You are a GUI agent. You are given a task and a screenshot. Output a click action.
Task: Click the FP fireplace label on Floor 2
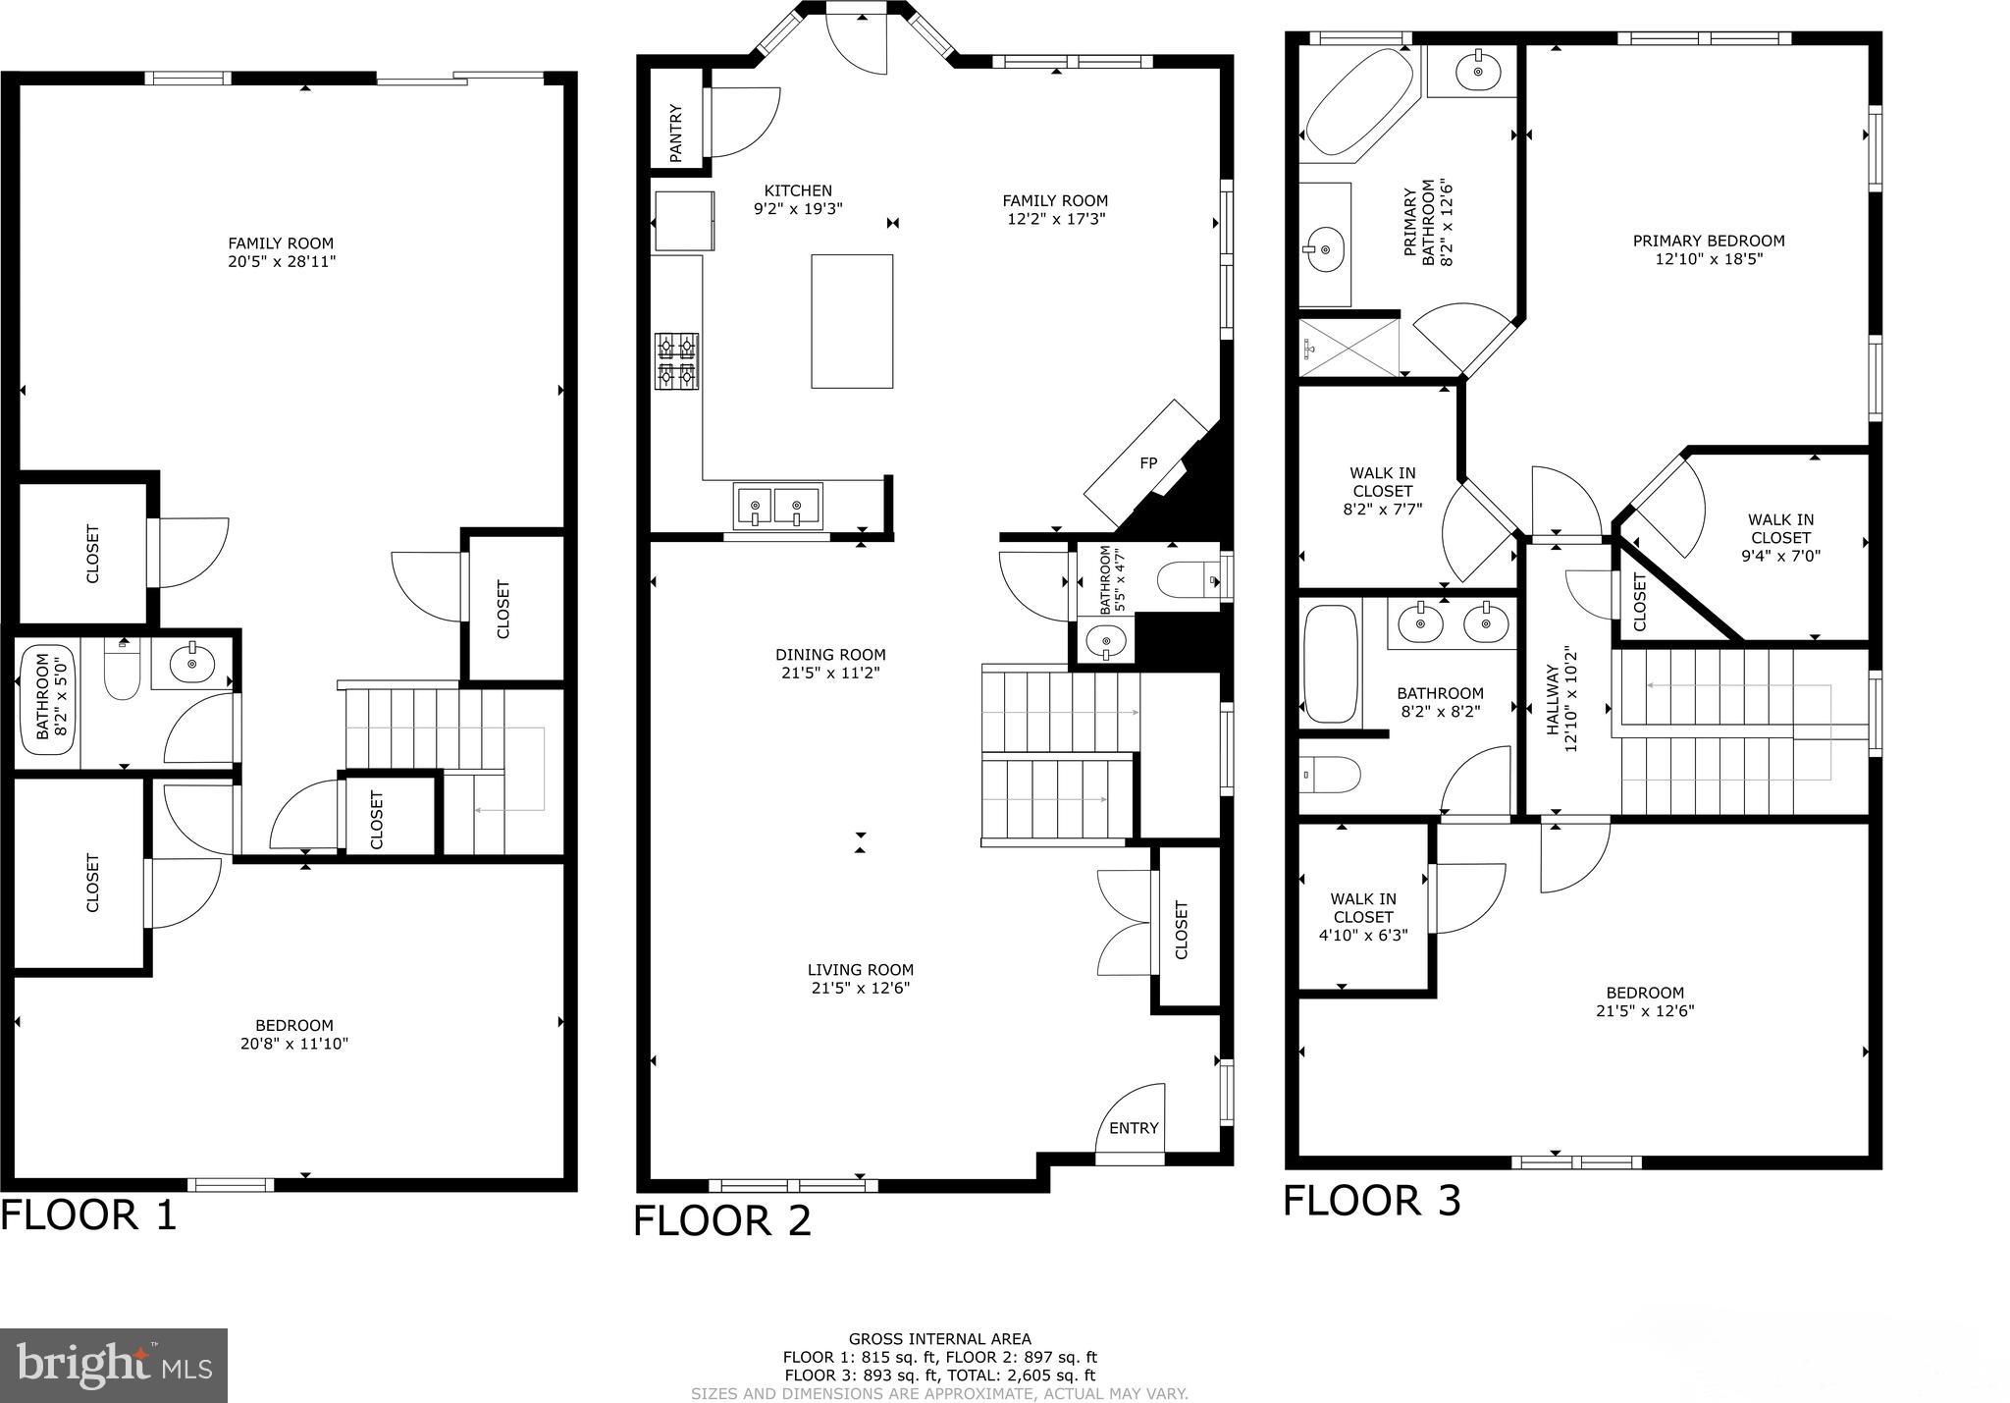[1148, 463]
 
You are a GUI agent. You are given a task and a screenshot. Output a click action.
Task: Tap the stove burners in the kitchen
[677, 360]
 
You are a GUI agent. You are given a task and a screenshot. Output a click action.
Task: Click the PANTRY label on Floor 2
[676, 134]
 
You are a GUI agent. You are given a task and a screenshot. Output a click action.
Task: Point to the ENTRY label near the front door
[1134, 1128]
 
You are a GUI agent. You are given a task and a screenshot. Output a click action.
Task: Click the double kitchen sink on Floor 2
[776, 508]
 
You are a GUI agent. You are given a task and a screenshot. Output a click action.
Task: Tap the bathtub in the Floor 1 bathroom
[48, 699]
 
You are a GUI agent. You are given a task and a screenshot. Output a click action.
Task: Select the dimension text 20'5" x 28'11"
[281, 262]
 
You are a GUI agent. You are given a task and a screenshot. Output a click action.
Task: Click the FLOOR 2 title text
[722, 1220]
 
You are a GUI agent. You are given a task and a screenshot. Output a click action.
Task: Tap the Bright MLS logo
[114, 1366]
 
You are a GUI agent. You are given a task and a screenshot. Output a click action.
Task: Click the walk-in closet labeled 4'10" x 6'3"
[1363, 917]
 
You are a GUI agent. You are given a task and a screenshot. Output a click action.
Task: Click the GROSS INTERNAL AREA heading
[939, 1339]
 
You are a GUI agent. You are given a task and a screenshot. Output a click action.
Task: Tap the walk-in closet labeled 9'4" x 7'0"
[1780, 538]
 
